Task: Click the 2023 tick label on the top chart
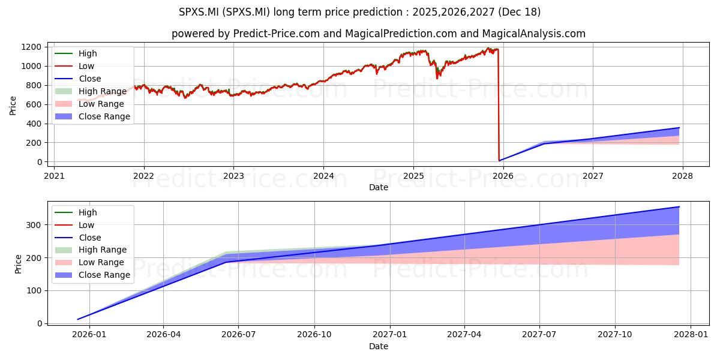[x=233, y=176]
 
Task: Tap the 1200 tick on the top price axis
[x=31, y=47]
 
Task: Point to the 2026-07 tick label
[x=239, y=335]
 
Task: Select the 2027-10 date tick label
[x=615, y=335]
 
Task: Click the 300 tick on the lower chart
[x=34, y=225]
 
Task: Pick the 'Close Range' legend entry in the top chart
[x=92, y=116]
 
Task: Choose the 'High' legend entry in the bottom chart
[x=76, y=212]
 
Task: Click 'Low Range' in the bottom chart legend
[x=89, y=262]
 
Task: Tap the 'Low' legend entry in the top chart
[x=74, y=66]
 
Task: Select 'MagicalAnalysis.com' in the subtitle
[x=533, y=34]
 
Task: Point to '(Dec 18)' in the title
[x=519, y=12]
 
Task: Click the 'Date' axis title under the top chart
[x=379, y=187]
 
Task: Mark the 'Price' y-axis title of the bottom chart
[x=18, y=264]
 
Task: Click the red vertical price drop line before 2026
[x=499, y=105]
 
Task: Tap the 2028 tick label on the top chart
[x=682, y=176]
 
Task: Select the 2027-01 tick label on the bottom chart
[x=390, y=335]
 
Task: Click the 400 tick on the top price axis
[x=34, y=124]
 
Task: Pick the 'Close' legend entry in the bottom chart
[x=78, y=238]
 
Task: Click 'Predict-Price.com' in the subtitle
[x=277, y=34]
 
